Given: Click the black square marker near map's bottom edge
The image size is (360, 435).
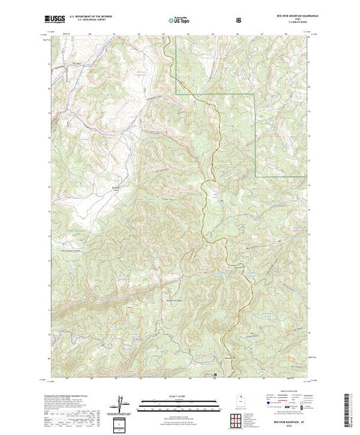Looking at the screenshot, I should [216, 376].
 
